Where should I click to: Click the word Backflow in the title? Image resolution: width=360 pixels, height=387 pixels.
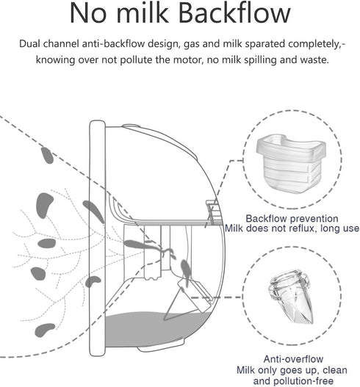coord(234,13)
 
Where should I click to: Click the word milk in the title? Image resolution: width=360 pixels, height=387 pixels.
coord(143,13)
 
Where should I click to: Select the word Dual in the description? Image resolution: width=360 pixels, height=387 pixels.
coord(29,43)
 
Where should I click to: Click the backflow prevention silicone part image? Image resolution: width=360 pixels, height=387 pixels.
coord(291,162)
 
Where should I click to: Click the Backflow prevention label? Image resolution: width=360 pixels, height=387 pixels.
coord(292,219)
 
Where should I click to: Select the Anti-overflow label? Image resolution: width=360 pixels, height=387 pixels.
coord(293,359)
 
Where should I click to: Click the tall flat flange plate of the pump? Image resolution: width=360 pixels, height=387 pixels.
coord(97,238)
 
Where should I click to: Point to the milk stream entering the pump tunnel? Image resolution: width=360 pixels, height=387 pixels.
coord(148,247)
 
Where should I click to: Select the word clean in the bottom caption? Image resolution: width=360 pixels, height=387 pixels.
coord(335,370)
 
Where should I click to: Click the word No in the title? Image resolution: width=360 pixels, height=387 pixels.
coord(88,13)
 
